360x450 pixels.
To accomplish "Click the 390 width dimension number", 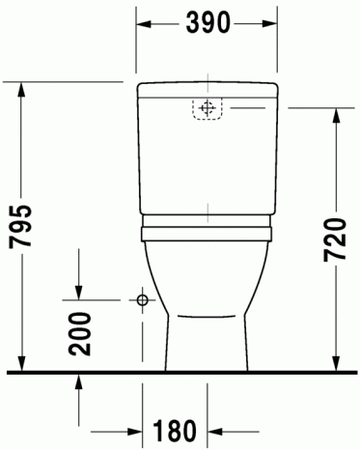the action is (208, 22).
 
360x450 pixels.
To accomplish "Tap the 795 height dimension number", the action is (20, 226).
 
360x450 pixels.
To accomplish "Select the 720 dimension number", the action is (335, 239).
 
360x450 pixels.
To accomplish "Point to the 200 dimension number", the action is (80, 334).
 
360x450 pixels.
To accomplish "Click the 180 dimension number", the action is (175, 431).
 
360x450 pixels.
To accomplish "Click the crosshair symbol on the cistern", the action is (208, 108).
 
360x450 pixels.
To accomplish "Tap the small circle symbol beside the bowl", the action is (142, 300).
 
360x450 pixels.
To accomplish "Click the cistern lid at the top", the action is (208, 90).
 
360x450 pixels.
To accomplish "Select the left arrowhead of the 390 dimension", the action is (144, 24).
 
